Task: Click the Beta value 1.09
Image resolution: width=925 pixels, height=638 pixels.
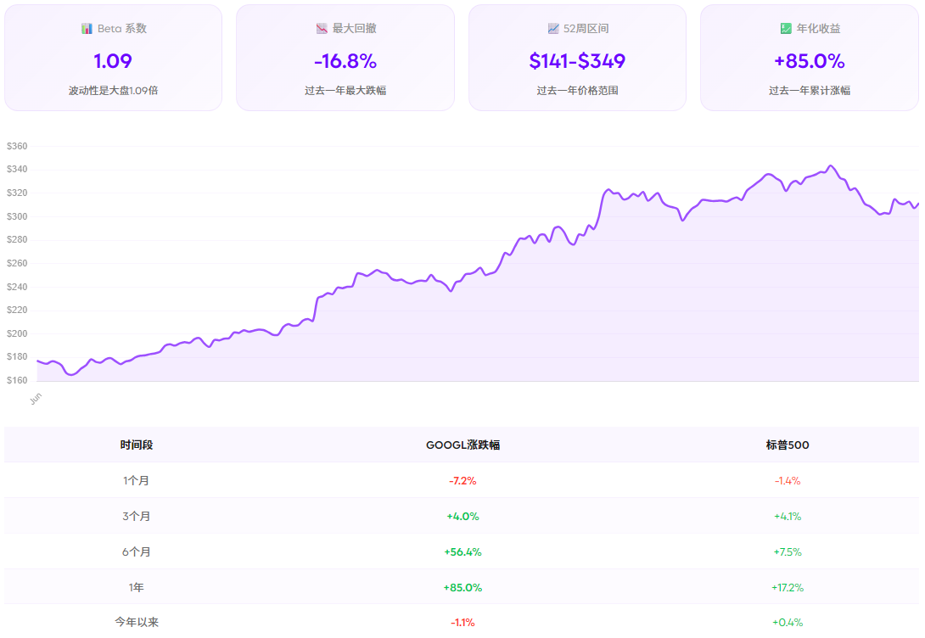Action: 113,61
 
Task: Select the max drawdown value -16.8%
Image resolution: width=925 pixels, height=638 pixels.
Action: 345,61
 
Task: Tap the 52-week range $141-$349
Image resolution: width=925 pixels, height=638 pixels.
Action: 577,61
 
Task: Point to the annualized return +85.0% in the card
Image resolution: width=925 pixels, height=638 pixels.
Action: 809,61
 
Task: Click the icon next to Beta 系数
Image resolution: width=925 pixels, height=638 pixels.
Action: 87,28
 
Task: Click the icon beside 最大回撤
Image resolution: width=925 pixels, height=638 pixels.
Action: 322,28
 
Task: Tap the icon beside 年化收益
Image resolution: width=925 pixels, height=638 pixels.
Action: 786,28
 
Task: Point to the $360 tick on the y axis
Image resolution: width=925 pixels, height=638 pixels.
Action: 17,146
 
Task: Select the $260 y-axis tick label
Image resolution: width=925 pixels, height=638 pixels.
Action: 17,263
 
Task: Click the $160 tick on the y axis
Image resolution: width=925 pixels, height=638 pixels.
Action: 17,380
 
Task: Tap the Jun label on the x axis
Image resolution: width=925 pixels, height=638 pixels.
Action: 35,398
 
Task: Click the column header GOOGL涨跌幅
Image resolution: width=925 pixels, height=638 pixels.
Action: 462,445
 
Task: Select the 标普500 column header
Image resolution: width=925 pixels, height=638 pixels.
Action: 787,445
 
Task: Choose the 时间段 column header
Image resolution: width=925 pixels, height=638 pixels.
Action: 137,445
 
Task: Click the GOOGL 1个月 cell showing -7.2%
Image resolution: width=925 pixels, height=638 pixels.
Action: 462,480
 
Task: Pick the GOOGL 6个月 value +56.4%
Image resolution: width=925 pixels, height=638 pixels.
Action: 462,551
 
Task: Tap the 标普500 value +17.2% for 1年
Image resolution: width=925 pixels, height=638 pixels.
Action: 787,587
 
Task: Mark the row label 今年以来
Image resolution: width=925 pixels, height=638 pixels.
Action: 137,622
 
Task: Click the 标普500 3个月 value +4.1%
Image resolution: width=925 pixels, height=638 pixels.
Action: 787,516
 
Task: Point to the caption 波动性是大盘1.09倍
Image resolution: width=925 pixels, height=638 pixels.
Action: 113,90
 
